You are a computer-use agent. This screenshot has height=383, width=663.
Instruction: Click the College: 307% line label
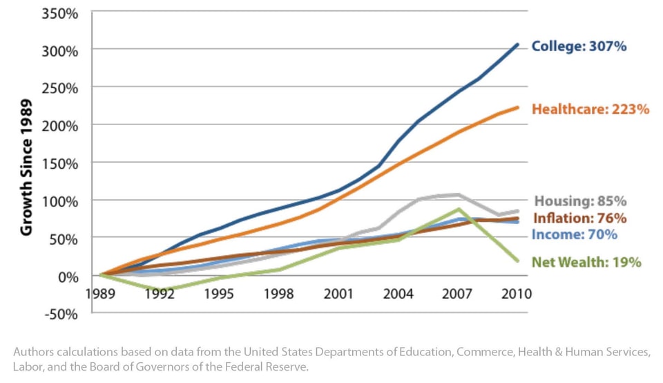(579, 47)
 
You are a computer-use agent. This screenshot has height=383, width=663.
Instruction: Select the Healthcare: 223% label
(590, 109)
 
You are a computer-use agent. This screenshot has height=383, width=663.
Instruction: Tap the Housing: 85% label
(581, 202)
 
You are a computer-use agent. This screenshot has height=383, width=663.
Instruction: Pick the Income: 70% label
(574, 234)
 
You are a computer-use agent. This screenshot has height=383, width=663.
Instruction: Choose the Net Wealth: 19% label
(586, 263)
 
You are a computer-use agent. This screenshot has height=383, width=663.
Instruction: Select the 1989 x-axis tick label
(101, 293)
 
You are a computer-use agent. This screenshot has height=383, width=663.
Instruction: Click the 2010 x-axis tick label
(517, 293)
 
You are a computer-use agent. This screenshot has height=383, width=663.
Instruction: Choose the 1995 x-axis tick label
(220, 293)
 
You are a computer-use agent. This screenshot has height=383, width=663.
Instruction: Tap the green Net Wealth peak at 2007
(459, 209)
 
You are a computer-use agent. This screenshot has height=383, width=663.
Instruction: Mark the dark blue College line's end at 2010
(518, 45)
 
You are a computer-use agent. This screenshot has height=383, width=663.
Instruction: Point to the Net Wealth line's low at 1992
(160, 290)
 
